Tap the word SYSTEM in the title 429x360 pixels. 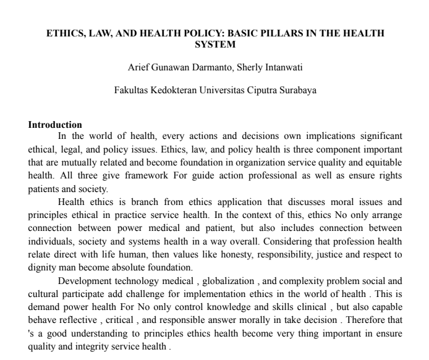[214, 44]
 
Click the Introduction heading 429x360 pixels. [55, 125]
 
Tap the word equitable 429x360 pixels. [380, 162]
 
